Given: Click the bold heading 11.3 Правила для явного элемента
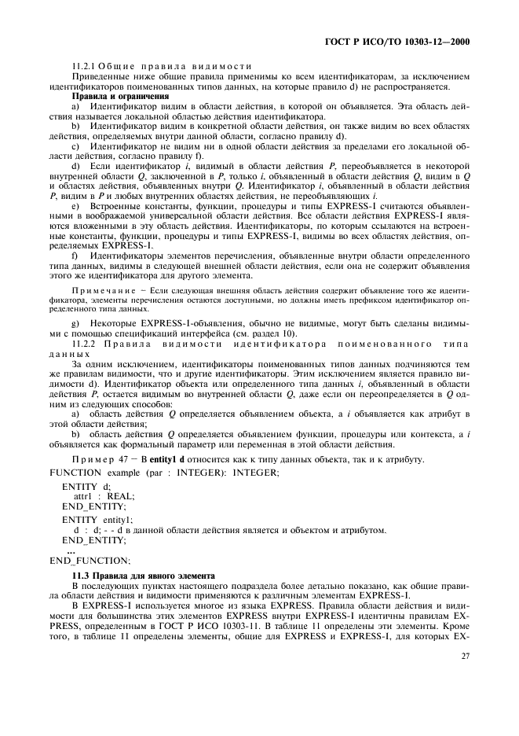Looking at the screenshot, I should pos(145,576).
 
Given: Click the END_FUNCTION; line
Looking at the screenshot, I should pos(89,561).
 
